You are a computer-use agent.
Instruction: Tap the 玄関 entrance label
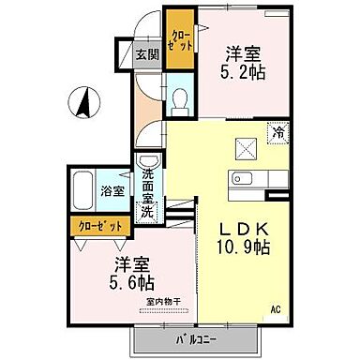coord(146,55)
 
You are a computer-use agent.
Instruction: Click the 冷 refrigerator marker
coord(277,134)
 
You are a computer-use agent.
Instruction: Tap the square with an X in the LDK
coord(246,148)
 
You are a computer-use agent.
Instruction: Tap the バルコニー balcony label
coord(199,338)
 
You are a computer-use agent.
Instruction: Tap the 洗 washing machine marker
coord(148,211)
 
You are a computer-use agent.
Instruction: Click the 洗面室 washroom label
coord(148,180)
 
